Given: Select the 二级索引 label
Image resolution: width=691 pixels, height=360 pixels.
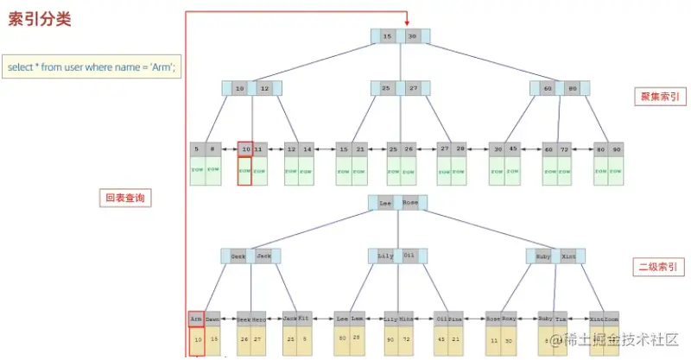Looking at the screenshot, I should pos(657,266).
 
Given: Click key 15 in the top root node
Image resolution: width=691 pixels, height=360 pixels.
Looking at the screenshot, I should pos(388,36).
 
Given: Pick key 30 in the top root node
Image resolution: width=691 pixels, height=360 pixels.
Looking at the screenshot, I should pos(413,36).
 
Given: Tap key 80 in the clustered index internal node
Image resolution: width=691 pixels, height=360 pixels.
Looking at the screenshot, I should pos(573,88).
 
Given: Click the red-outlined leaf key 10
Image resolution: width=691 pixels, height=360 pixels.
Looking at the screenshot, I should pos(245,149).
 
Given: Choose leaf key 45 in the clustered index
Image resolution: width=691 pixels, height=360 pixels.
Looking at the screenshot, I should pos(514,149).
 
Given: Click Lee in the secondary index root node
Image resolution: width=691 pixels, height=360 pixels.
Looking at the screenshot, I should pos(386,203).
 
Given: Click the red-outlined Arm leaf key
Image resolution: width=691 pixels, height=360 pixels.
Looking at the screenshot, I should pos(196,319).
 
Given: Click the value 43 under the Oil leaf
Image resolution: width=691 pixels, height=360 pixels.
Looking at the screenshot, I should pos(441,339).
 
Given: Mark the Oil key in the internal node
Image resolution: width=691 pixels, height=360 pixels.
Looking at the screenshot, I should pos(409,256).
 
